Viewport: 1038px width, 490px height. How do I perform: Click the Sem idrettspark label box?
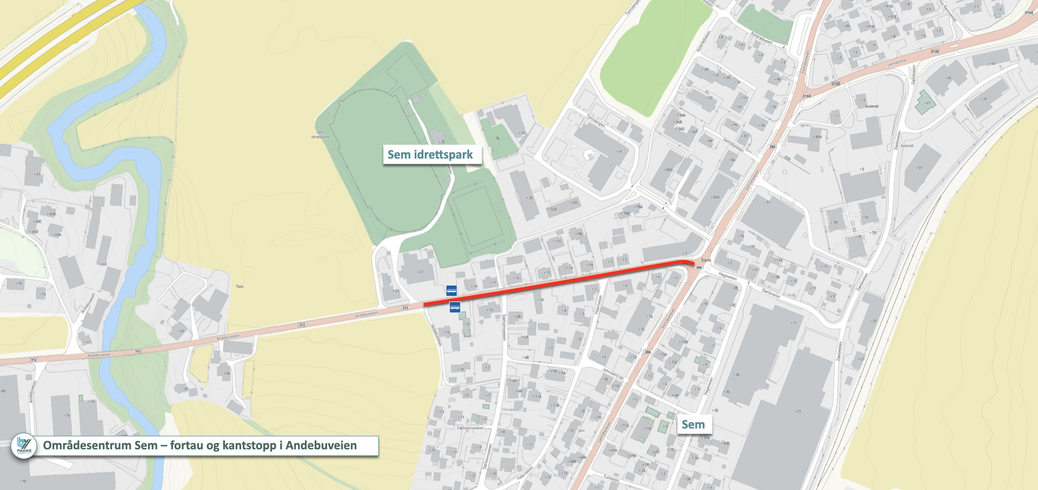(x=430, y=155)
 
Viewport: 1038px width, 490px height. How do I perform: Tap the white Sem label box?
(x=693, y=425)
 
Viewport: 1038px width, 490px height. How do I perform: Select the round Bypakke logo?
(x=24, y=446)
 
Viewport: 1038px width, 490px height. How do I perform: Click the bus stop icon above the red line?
(x=451, y=290)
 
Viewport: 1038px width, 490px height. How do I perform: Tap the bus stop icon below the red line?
(x=455, y=307)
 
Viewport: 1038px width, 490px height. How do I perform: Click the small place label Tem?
(x=239, y=286)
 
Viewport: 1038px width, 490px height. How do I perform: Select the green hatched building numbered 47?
(x=925, y=102)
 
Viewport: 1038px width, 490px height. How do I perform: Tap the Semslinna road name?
(x=896, y=63)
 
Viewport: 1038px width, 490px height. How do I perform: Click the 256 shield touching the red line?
(x=698, y=268)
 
